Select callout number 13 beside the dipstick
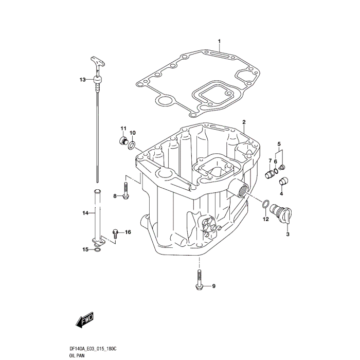[x=82, y=80]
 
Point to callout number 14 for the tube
[x=85, y=212]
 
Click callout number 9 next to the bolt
[x=214, y=286]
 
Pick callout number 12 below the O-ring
[x=266, y=220]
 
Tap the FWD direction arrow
[x=84, y=321]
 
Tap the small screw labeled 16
[x=116, y=233]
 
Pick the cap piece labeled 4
[x=283, y=181]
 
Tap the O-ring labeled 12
[x=265, y=205]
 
